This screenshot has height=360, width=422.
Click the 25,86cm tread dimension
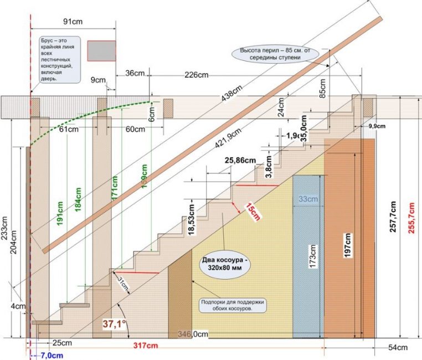[240, 160]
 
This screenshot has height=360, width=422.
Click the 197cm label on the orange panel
[348, 243]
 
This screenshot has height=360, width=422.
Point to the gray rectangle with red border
[101, 50]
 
